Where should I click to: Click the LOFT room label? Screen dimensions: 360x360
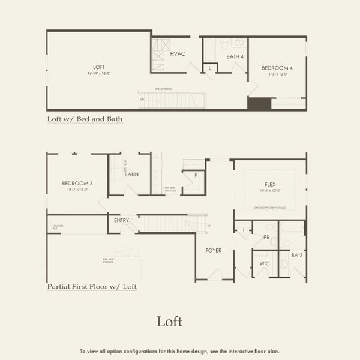(99, 67)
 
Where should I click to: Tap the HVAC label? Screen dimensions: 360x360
(178, 54)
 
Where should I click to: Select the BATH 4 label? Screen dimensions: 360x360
(235, 56)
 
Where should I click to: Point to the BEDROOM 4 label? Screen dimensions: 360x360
(277, 68)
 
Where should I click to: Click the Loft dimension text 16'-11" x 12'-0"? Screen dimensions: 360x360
(99, 73)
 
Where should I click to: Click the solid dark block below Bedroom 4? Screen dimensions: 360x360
(259, 103)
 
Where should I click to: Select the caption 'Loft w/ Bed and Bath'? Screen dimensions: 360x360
(85, 119)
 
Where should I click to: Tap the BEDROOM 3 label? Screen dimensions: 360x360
(77, 183)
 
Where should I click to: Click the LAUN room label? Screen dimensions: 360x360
(132, 175)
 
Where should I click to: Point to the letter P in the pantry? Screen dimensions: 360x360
(196, 175)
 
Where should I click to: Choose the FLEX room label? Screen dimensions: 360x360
(270, 184)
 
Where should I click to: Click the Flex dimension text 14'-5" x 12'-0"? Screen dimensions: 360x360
(270, 190)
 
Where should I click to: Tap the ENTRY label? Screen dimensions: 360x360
(121, 220)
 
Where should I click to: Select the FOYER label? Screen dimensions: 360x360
(214, 250)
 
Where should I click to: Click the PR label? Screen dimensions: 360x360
(267, 237)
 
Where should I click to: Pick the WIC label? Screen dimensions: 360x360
(265, 263)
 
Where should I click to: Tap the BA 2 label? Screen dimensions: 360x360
(296, 256)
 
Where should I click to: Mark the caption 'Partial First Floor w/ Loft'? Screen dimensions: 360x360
(92, 287)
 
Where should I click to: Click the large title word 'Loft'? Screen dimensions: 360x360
(169, 322)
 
